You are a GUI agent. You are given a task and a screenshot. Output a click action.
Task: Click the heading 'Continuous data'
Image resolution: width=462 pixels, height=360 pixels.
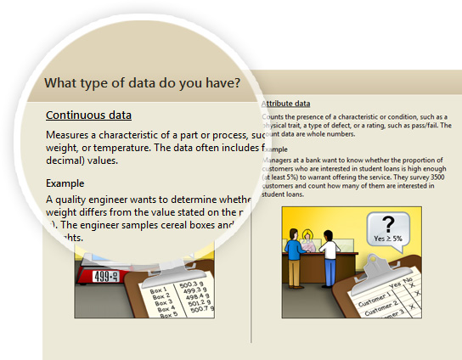pyautogui.click(x=88, y=115)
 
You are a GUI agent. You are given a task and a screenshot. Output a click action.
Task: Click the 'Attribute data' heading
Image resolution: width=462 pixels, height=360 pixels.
pyautogui.click(x=286, y=102)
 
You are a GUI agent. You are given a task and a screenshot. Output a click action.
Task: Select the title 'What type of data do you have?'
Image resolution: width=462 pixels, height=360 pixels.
pyautogui.click(x=141, y=83)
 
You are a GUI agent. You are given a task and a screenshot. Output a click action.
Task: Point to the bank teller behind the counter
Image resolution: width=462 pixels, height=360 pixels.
pyautogui.click(x=309, y=240)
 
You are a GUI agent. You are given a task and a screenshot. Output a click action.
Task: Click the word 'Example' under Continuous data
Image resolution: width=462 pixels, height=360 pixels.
pyautogui.click(x=65, y=183)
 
